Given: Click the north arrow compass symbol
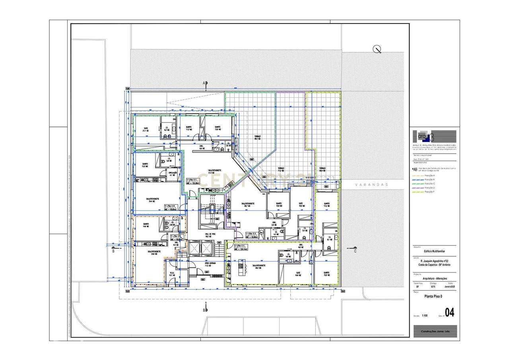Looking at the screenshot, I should point(377,49).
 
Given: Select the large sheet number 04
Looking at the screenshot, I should point(449,313).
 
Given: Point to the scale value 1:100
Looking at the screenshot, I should point(424,316).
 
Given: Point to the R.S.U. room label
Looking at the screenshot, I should point(172,274).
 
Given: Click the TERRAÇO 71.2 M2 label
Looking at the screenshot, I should point(281,169).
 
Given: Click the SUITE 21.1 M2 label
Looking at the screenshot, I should point(146,129).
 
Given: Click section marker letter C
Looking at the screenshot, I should point(355,251).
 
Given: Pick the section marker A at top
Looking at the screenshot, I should point(204,83).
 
